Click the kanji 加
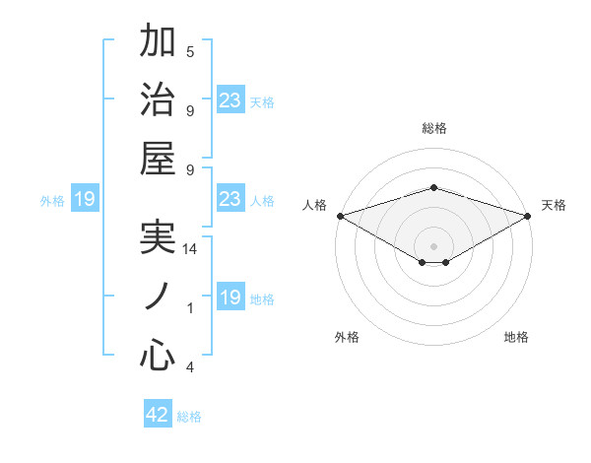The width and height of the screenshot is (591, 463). coord(158,41)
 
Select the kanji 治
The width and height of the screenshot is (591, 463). coord(158,100)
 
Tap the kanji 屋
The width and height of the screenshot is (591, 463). coord(158,161)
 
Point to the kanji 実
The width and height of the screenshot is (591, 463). coord(158,238)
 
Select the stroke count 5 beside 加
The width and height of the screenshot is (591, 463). coord(190,51)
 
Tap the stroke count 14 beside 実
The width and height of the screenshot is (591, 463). coord(190,249)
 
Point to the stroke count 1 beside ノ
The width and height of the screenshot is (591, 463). coord(190,308)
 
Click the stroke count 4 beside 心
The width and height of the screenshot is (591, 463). coord(190,367)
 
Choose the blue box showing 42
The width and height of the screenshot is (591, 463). coord(158,415)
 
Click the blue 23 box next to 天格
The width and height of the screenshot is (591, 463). coord(230,99)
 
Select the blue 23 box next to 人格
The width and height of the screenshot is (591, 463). coord(230,199)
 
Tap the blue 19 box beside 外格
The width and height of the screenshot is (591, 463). coord(85,200)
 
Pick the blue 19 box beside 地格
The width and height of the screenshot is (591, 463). coord(230,298)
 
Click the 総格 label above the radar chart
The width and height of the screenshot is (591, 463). coord(433,128)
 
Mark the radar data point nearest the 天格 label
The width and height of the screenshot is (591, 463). coord(528,216)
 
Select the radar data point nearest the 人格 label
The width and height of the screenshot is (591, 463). coord(339,216)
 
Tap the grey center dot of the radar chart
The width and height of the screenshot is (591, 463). coord(433,245)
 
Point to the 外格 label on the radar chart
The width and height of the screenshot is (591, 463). coord(347,337)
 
